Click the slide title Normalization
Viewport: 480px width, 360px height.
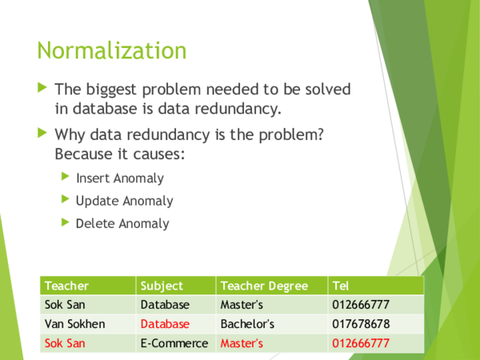point(111,51)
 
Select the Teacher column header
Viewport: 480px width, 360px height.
point(66,286)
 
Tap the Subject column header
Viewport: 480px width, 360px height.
point(162,286)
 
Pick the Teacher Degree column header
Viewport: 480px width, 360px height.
point(263,286)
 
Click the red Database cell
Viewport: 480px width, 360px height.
point(165,324)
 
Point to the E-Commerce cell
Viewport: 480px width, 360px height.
point(174,343)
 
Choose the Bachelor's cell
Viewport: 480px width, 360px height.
point(247,324)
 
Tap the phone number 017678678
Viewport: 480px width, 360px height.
point(360,324)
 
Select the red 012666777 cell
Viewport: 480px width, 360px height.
point(360,343)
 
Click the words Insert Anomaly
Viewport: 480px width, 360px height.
point(119,178)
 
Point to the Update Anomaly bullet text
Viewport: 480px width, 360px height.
point(124,201)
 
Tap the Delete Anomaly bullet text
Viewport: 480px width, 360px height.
point(122,223)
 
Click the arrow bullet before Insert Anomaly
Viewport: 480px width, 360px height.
point(66,178)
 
